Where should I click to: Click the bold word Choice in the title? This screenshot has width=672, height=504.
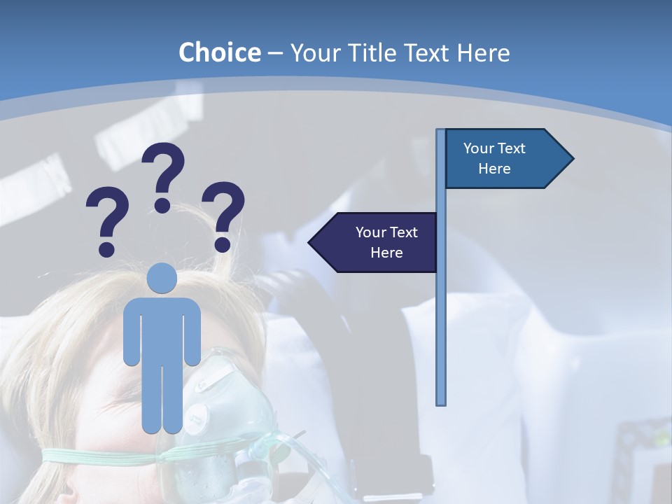(x=219, y=52)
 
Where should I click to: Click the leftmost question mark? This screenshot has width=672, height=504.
(x=107, y=220)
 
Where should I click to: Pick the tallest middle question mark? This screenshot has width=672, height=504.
(x=163, y=175)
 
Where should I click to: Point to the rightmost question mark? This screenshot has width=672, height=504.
(x=223, y=213)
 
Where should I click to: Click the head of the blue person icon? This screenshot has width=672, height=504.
(x=162, y=279)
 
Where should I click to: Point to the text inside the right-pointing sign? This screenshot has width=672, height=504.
(x=494, y=158)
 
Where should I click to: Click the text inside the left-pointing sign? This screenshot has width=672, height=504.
(x=386, y=242)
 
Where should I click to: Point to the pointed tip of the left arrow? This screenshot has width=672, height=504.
(x=310, y=242)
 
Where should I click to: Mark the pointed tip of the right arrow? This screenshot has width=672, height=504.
(x=572, y=158)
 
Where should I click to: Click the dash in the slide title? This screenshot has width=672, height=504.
(x=275, y=53)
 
